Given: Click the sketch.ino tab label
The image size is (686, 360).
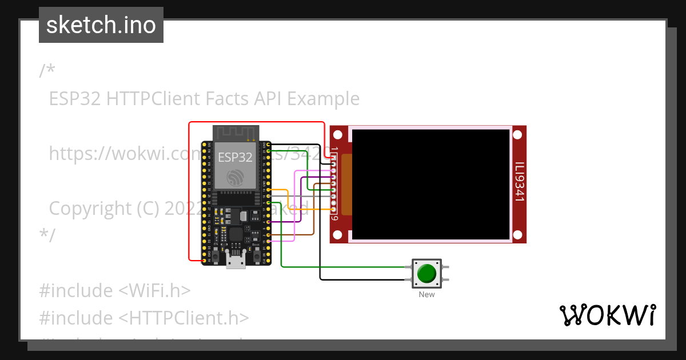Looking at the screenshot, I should [x=101, y=25].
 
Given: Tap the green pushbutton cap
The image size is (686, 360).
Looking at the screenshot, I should [x=426, y=273].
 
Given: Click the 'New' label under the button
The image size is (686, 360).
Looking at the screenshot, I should [x=426, y=294].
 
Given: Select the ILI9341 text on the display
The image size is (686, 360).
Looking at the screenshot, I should [x=519, y=182].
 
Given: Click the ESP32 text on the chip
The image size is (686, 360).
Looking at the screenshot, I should [x=235, y=158].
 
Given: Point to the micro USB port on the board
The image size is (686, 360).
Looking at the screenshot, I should [x=236, y=262].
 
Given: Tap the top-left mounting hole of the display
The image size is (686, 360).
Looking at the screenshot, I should [x=338, y=135].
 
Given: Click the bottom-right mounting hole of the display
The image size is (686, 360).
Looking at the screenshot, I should [x=517, y=234].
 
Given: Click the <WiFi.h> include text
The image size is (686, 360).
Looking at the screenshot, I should [x=154, y=290].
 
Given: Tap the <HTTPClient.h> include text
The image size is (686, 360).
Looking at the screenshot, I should [x=184, y=318].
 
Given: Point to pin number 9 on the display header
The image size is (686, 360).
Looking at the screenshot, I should [x=334, y=218].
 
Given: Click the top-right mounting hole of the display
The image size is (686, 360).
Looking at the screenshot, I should [x=517, y=135].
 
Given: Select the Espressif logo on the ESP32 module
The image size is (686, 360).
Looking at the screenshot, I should [x=235, y=177].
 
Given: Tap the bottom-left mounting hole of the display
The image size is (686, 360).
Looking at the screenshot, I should [x=338, y=234].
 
